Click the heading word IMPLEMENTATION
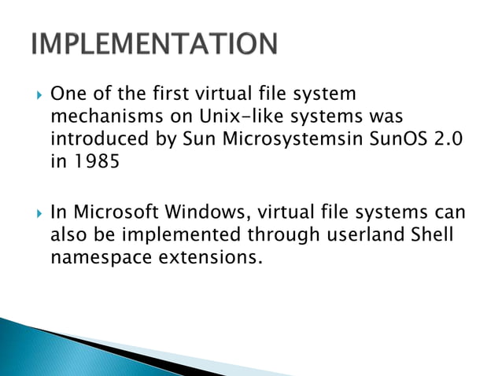154,44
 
